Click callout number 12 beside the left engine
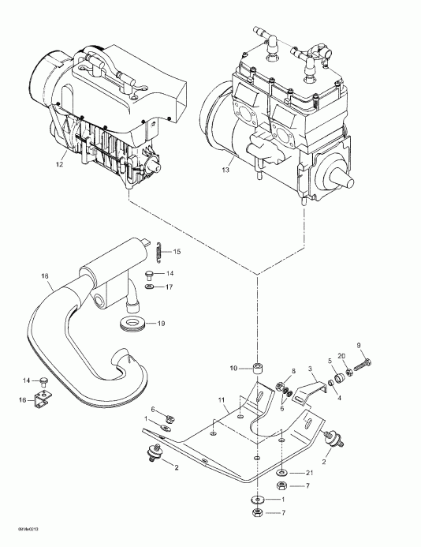pyautogui.click(x=59, y=165)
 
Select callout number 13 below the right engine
pyautogui.click(x=225, y=169)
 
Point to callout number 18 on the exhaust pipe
pyautogui.click(x=44, y=276)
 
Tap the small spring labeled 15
pyautogui.click(x=158, y=251)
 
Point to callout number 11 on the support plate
pyautogui.click(x=223, y=401)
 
